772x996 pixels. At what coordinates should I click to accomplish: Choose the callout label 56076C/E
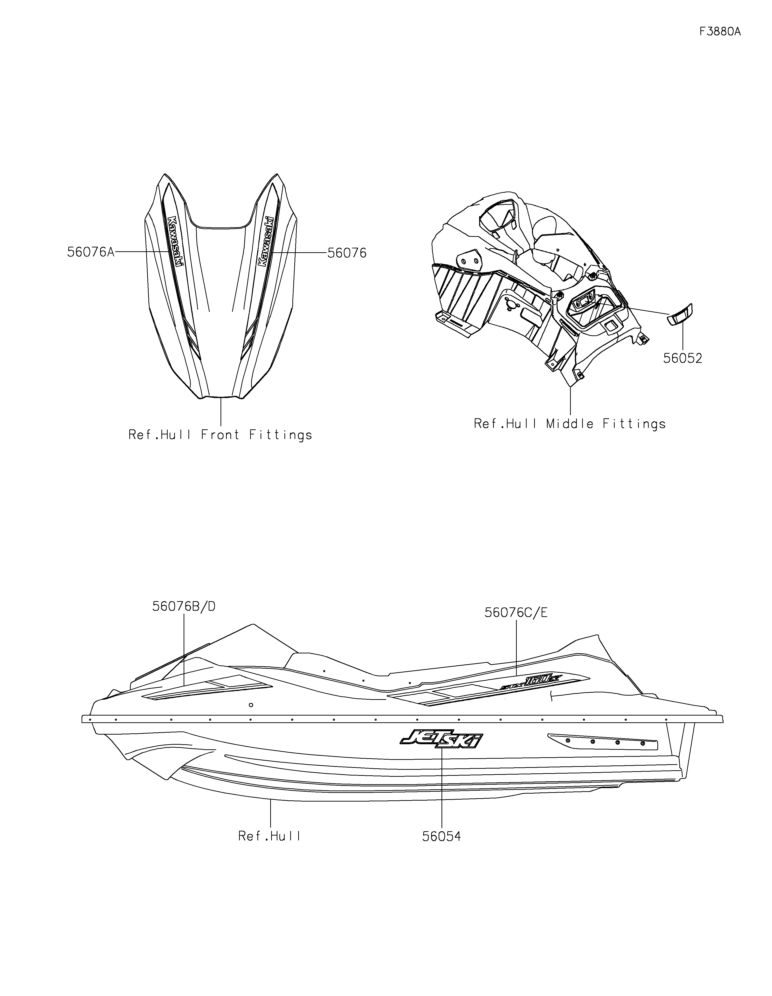pyautogui.click(x=516, y=612)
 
